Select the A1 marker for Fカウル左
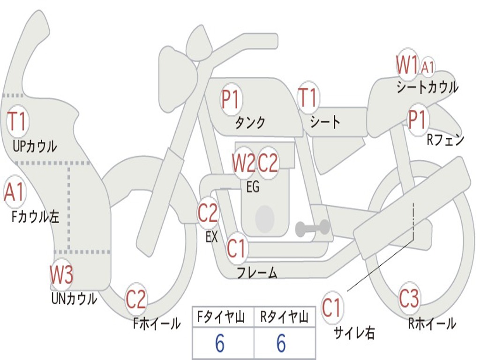click(14, 193)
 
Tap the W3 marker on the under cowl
click(62, 275)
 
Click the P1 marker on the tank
click(230, 100)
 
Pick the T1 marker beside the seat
click(308, 98)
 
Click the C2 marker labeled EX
click(208, 214)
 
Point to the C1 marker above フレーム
click(236, 248)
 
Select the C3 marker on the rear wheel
click(409, 298)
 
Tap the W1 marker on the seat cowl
click(406, 65)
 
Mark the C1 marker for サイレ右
click(332, 308)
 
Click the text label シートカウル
click(427, 87)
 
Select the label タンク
click(250, 123)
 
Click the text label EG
click(253, 187)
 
